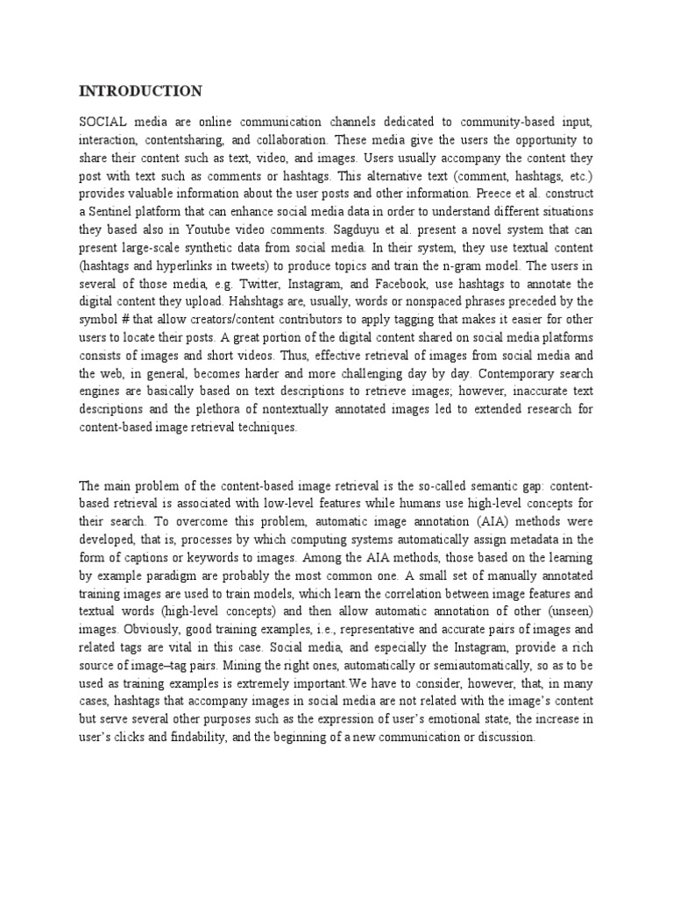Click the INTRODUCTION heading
tap(140, 91)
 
